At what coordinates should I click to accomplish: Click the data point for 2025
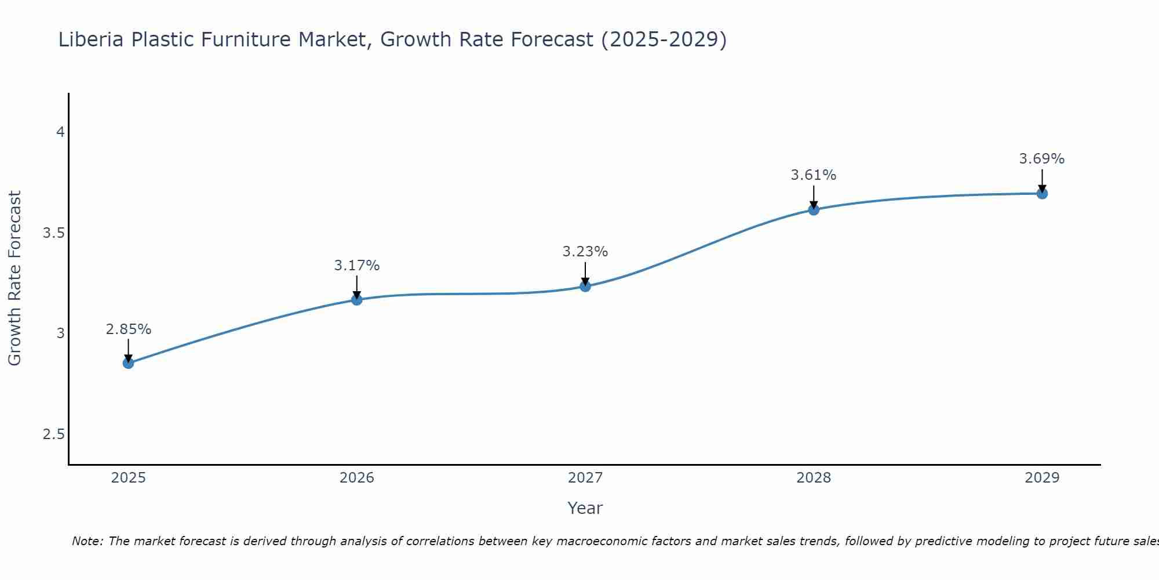[x=128, y=363]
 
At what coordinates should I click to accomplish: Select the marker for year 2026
[x=357, y=299]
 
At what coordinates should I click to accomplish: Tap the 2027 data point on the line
[x=585, y=286]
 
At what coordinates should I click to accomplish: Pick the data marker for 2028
[x=814, y=209]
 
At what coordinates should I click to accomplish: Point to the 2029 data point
[x=1042, y=193]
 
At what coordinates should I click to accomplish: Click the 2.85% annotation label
[x=128, y=329]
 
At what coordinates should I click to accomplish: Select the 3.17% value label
[x=357, y=266]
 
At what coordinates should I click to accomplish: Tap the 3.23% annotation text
[x=585, y=252]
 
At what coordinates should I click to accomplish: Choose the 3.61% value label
[x=814, y=175]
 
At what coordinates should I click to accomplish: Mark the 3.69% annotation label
[x=1042, y=159]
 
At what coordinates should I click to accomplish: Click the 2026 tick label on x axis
[x=357, y=478]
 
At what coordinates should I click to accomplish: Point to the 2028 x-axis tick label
[x=814, y=478]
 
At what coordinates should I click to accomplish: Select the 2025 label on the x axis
[x=128, y=478]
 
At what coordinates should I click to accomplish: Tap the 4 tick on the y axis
[x=60, y=132]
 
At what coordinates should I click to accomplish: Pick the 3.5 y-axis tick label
[x=53, y=233]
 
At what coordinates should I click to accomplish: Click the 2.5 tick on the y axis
[x=53, y=434]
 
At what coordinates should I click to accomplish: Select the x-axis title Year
[x=585, y=508]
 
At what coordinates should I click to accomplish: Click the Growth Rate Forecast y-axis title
[x=14, y=278]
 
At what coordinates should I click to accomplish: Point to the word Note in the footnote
[x=86, y=541]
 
